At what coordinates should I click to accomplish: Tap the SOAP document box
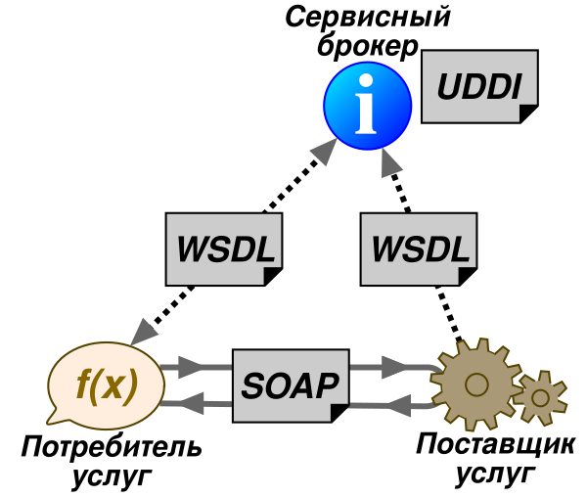291,382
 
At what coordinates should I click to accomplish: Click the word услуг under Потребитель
112,476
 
